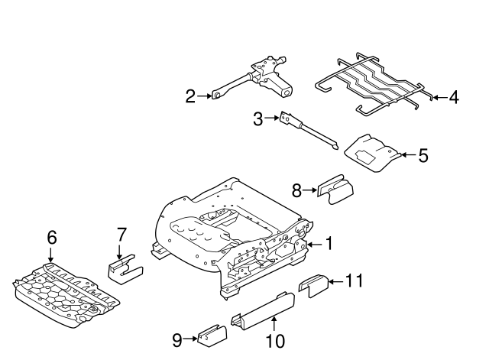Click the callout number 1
click(329, 243)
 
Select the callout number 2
click(190, 96)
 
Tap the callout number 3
click(258, 119)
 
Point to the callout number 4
click(454, 97)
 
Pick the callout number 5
click(423, 155)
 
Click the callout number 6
click(52, 238)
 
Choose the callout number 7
click(121, 235)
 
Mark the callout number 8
click(297, 190)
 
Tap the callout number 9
click(177, 340)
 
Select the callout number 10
click(275, 341)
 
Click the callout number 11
click(355, 281)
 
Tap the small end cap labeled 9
click(212, 336)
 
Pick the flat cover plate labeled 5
click(373, 153)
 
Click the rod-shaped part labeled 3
click(309, 131)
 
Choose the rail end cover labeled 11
click(313, 285)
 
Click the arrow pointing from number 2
click(205, 96)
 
